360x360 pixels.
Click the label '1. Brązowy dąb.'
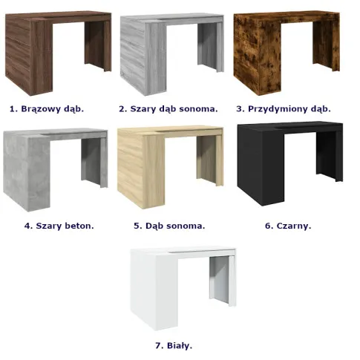47,109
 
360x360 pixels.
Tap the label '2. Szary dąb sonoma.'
168,109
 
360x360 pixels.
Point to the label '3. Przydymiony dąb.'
284,109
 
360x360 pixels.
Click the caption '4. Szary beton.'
59,226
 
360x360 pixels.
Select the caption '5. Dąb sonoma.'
169,226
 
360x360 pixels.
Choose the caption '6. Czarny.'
288,226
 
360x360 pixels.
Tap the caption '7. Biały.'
174,346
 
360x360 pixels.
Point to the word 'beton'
79,226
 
